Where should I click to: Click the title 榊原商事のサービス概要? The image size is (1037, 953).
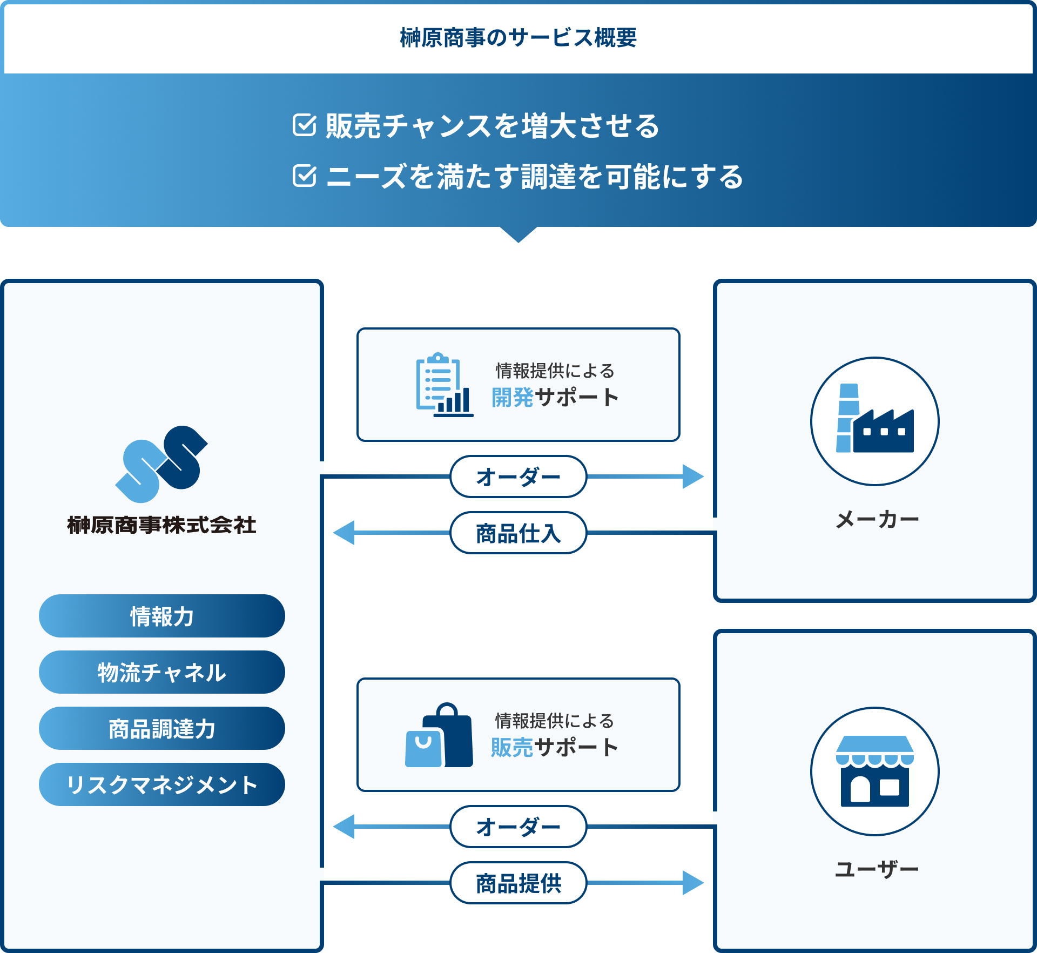(518, 38)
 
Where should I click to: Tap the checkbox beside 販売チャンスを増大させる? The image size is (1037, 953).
(305, 125)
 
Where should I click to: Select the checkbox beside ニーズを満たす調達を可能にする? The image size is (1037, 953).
(305, 176)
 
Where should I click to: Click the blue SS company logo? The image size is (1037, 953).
(161, 464)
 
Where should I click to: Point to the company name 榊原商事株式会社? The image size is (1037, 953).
(161, 525)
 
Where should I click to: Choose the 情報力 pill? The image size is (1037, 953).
(162, 616)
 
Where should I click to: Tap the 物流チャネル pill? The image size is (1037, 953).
(162, 672)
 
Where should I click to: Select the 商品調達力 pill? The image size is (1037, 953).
(162, 728)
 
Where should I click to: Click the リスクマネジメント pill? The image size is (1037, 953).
(162, 784)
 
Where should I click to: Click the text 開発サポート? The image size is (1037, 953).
(555, 397)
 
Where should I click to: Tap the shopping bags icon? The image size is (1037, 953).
(439, 735)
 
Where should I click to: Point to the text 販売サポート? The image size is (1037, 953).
(555, 747)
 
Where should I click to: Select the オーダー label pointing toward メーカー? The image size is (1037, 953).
(518, 476)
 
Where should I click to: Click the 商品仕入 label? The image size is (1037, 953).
(518, 533)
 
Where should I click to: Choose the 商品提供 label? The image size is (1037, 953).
(518, 883)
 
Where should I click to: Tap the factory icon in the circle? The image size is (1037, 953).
(875, 418)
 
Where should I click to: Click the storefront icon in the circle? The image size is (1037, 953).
(875, 771)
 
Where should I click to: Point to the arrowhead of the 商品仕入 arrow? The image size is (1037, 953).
(344, 533)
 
